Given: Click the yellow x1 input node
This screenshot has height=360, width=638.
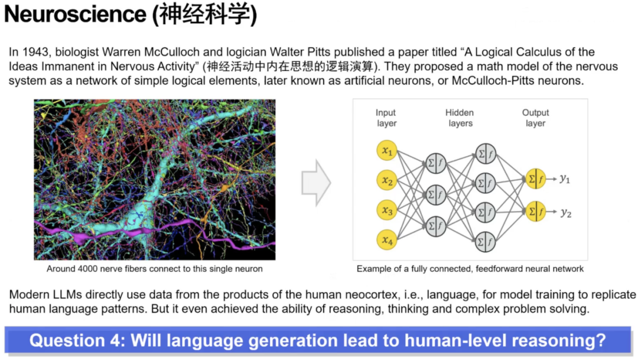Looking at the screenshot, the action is click(x=386, y=151).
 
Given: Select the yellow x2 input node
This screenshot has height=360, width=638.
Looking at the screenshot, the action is click(x=386, y=180).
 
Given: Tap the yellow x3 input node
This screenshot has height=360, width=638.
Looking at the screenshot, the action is click(x=386, y=210).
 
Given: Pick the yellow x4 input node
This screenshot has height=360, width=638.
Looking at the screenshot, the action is click(x=386, y=240).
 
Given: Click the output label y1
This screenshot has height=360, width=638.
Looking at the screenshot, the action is click(x=565, y=179).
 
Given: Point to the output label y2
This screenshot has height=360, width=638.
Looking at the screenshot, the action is click(x=566, y=213).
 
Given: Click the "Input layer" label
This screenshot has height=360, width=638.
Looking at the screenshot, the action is click(x=386, y=118).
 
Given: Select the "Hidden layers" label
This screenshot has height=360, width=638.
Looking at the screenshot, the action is click(x=460, y=118).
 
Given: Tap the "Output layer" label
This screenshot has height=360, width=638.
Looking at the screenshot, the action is click(x=535, y=118).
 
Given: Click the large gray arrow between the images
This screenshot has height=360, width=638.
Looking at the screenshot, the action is click(x=315, y=183).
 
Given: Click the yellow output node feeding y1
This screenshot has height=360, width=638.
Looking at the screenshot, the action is click(x=535, y=179).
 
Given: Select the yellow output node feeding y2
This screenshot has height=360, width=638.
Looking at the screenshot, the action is click(x=535, y=212).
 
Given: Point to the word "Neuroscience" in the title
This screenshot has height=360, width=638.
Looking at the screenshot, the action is click(x=75, y=14).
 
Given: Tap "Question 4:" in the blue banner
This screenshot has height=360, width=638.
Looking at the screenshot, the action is click(x=77, y=340).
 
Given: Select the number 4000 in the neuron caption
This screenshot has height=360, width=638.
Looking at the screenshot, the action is click(x=87, y=269).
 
